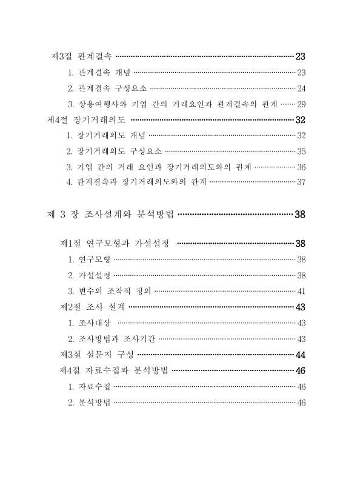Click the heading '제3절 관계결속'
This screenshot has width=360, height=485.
82,57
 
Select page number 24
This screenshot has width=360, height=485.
301,89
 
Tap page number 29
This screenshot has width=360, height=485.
301,104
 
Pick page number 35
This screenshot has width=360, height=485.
301,151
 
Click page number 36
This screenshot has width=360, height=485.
301,167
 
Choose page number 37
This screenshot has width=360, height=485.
301,182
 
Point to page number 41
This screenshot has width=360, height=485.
301,291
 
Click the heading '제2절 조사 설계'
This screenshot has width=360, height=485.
93,307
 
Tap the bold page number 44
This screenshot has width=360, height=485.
300,354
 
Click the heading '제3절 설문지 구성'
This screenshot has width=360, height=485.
97,354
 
